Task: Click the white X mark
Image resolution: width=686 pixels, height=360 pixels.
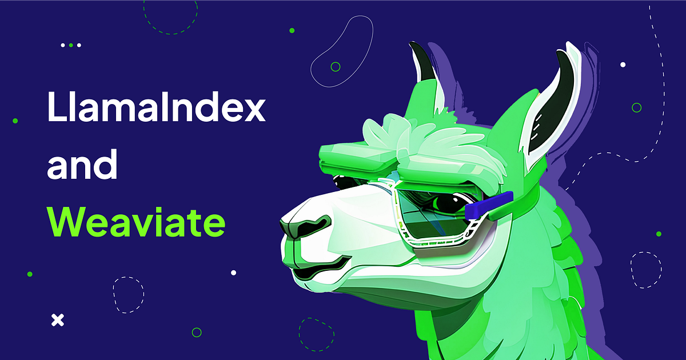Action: (x=58, y=320)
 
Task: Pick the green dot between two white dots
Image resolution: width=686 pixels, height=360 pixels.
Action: (x=71, y=45)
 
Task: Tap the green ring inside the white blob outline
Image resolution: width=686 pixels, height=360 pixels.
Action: (x=336, y=67)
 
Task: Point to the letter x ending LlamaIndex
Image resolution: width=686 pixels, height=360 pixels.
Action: (x=253, y=109)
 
